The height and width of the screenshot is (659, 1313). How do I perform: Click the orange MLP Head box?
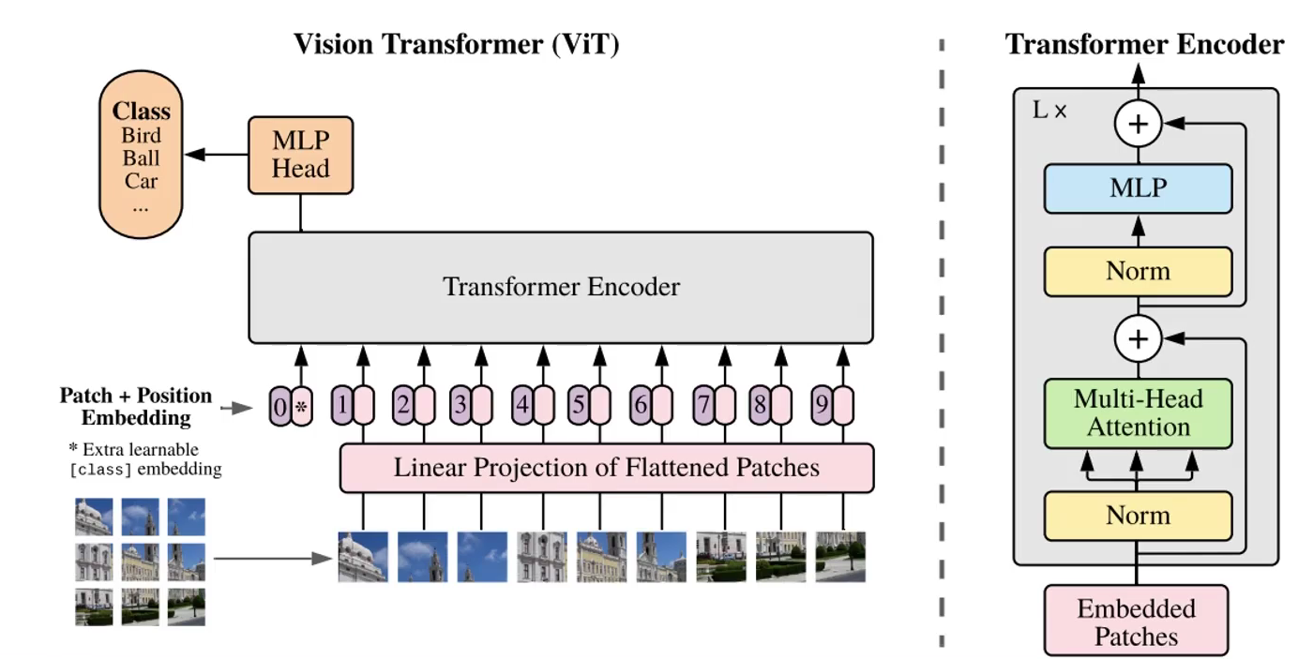(300, 155)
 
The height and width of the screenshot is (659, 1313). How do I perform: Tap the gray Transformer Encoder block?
(561, 287)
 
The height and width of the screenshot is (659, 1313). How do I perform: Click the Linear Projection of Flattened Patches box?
(606, 467)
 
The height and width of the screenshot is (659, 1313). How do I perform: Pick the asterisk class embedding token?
(301, 407)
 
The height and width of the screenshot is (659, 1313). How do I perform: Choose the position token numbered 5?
(579, 407)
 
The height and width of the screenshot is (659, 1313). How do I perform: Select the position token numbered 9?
(823, 407)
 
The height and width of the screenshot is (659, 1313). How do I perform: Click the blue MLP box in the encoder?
(1138, 187)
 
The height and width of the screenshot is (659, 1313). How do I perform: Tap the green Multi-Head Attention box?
(1138, 413)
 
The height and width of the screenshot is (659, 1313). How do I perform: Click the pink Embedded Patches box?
(1136, 622)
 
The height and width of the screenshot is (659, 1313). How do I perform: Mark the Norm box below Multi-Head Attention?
(1138, 515)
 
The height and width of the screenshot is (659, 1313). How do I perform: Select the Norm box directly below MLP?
(1138, 272)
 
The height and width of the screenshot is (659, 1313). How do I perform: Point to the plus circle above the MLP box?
(1138, 124)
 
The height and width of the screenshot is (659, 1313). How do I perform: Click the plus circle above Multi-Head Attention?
(1138, 337)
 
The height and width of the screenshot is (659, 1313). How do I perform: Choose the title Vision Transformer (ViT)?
(457, 44)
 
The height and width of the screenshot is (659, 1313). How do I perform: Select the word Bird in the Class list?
(141, 135)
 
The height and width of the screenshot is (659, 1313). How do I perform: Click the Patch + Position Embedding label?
(136, 407)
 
